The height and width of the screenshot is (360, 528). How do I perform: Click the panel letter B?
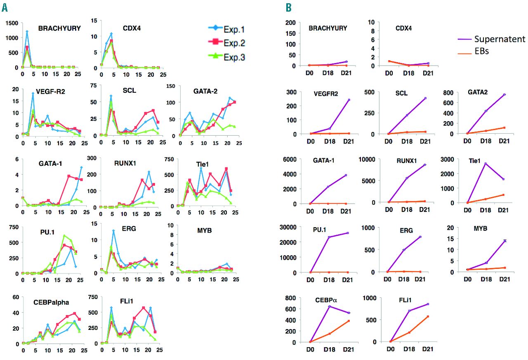point(288,7)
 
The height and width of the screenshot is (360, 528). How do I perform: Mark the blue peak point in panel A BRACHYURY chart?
point(27,31)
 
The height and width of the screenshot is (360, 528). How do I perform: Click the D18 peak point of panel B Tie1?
point(486,163)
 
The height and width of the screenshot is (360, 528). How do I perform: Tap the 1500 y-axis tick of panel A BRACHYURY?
point(12,22)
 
